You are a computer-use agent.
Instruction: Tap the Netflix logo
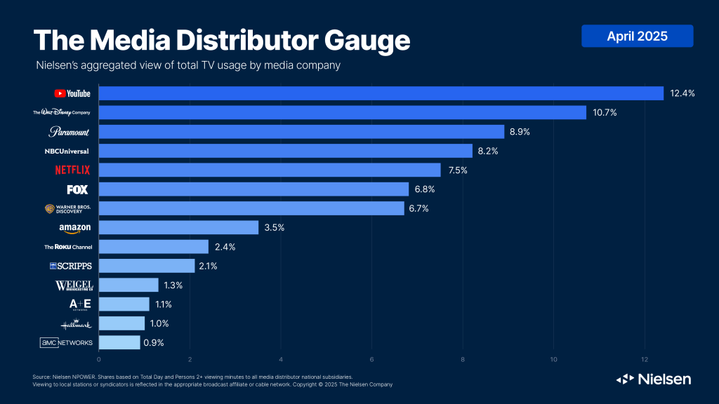click(x=72, y=170)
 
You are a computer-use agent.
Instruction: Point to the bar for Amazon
click(x=178, y=228)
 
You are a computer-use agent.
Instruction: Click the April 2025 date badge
click(x=637, y=36)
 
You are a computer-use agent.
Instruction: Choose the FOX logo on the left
click(x=77, y=189)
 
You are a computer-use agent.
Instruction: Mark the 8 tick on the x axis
click(x=463, y=360)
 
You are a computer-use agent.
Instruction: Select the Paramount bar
click(x=301, y=132)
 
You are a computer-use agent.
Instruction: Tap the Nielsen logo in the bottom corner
click(x=654, y=379)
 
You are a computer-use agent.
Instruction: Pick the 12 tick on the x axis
click(x=644, y=360)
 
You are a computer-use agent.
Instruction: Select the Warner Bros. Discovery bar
click(x=251, y=208)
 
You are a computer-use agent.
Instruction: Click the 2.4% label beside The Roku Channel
click(x=225, y=247)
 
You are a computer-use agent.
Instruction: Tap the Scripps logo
click(x=71, y=266)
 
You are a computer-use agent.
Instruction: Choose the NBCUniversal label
click(x=67, y=151)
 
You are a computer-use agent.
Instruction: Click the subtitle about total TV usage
click(x=188, y=66)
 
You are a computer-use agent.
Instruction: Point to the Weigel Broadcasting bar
click(x=128, y=285)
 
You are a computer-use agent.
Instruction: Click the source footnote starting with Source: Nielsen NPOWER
click(x=192, y=377)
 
